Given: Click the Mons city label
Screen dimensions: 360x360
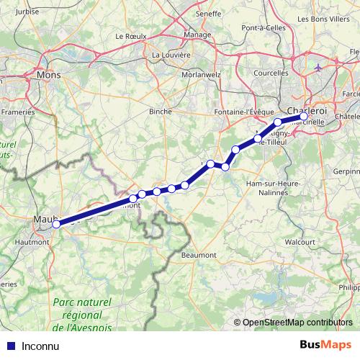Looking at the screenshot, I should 48,74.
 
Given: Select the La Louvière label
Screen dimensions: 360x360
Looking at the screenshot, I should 171,54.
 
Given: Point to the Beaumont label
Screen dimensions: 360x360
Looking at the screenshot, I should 199,255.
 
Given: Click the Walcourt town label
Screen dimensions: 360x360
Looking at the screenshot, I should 300,242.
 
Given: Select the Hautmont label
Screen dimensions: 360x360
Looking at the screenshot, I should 32,243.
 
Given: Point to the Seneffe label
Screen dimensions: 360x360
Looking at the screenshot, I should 208,13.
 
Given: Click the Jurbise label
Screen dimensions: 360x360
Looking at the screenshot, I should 24,12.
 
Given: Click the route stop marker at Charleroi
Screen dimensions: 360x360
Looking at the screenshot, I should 304,116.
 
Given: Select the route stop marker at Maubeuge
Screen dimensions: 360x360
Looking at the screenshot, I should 56,223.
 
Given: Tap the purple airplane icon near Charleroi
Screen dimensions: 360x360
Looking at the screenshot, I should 319,68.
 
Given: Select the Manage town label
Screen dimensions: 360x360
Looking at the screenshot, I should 197,34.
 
